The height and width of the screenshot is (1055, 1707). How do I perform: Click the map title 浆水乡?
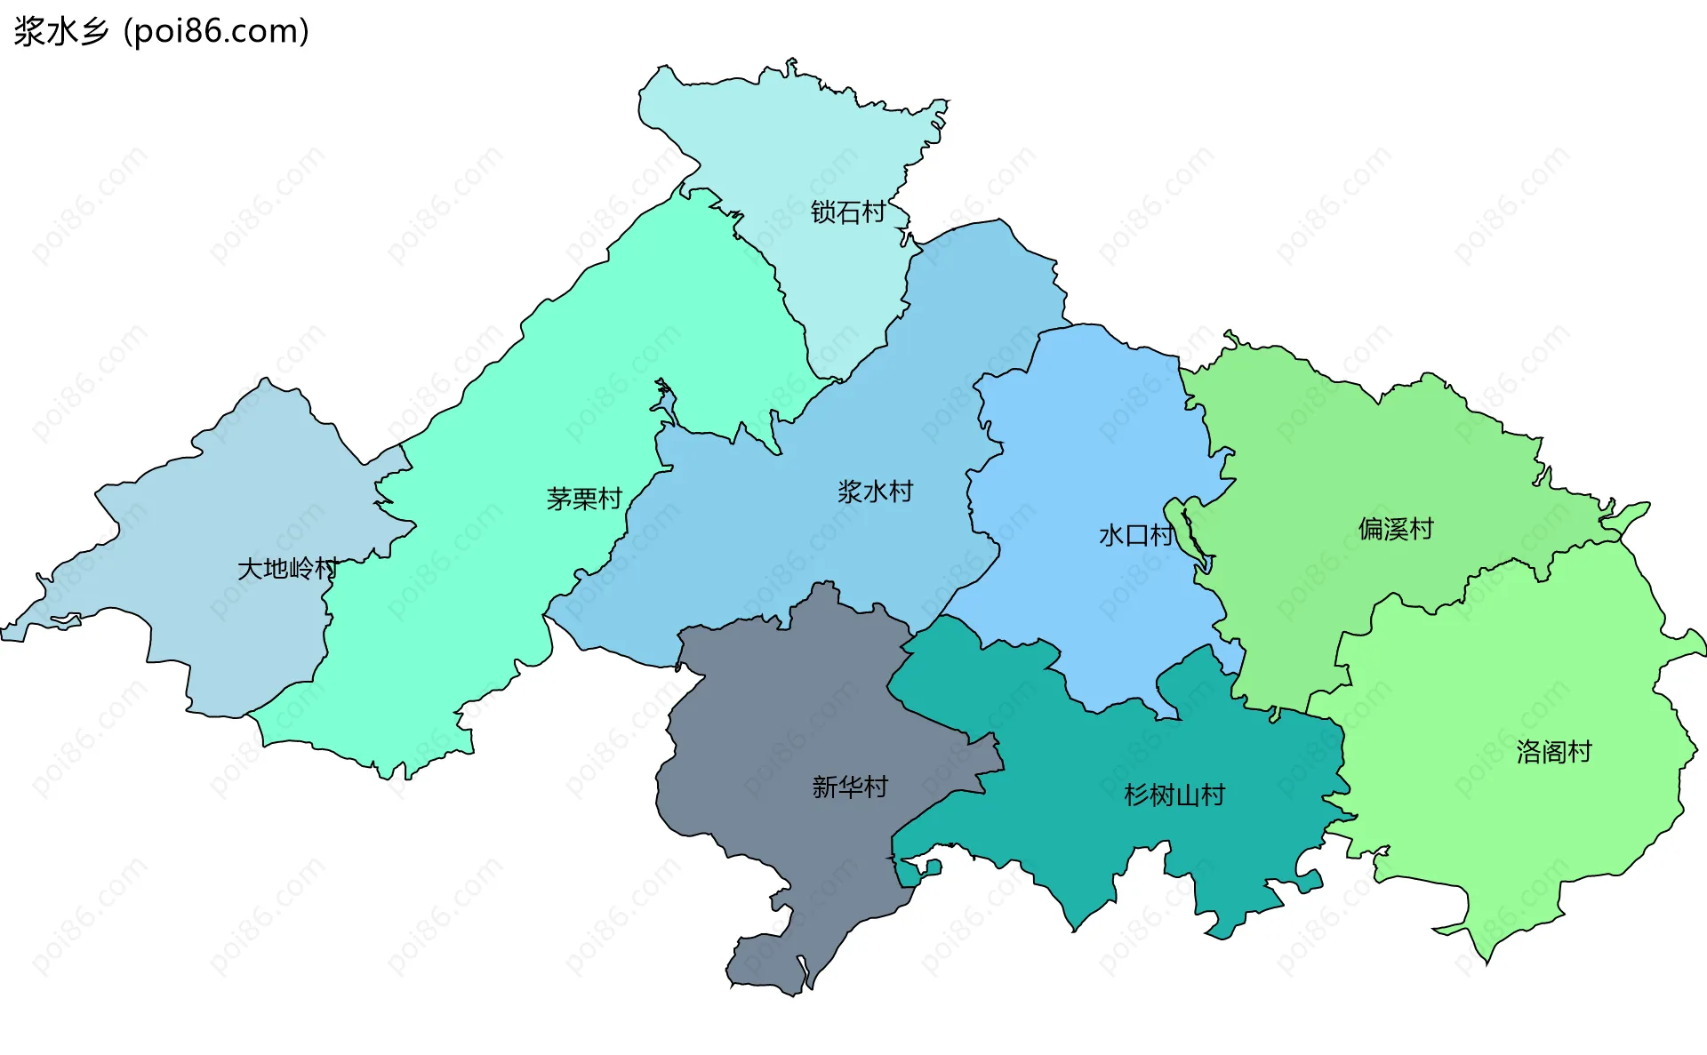click(x=60, y=32)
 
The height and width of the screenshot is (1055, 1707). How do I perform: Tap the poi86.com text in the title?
click(x=216, y=32)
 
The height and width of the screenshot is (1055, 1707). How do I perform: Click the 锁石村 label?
click(x=847, y=212)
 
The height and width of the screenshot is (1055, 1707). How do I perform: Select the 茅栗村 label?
click(x=583, y=499)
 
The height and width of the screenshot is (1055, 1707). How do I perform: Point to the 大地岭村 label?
click(x=287, y=569)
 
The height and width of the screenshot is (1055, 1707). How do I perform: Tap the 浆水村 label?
click(x=875, y=492)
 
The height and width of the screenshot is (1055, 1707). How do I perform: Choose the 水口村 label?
click(x=1135, y=535)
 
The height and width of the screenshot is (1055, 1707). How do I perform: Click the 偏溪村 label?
click(x=1396, y=529)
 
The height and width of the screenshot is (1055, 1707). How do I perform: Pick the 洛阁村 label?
click(x=1553, y=752)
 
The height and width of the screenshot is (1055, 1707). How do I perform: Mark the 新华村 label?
click(x=850, y=787)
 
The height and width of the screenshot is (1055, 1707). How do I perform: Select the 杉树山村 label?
click(x=1174, y=795)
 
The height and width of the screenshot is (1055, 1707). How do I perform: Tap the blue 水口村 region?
click(x=1094, y=427)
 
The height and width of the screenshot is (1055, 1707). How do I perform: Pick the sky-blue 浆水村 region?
click(x=800, y=551)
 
